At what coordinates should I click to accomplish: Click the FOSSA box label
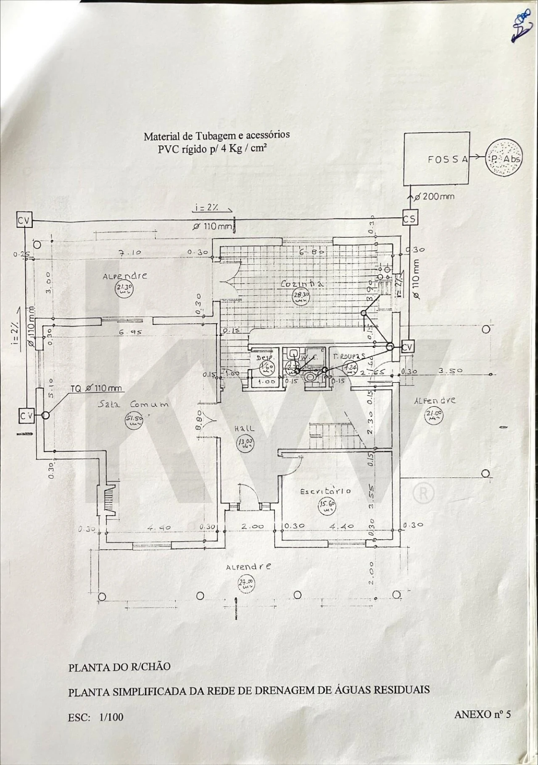coord(448,159)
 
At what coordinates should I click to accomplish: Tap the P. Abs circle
coord(504,159)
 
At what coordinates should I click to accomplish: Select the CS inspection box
coord(409,219)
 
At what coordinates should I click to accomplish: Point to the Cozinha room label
coord(301,284)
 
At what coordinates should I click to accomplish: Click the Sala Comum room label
coord(133,404)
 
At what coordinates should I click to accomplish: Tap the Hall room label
coord(244,428)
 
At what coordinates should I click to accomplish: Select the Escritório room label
coord(325,491)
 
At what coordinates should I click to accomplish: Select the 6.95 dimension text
coord(130,332)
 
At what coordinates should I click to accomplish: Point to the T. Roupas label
coord(349,356)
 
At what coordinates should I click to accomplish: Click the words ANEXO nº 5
coord(483,714)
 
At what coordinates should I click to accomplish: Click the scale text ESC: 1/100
coord(96,717)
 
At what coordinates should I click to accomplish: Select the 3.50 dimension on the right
coord(450,371)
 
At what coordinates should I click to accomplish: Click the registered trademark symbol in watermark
coord(423,493)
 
